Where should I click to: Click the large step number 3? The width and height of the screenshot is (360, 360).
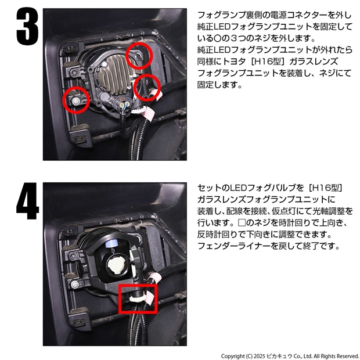27,26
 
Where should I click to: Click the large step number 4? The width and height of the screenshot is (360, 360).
27,201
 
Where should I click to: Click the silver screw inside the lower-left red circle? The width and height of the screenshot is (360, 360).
75,101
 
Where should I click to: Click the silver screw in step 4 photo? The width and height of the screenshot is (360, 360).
75,285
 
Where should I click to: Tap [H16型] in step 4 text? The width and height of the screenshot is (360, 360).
326,188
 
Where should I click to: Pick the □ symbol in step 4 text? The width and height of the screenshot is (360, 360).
242,223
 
